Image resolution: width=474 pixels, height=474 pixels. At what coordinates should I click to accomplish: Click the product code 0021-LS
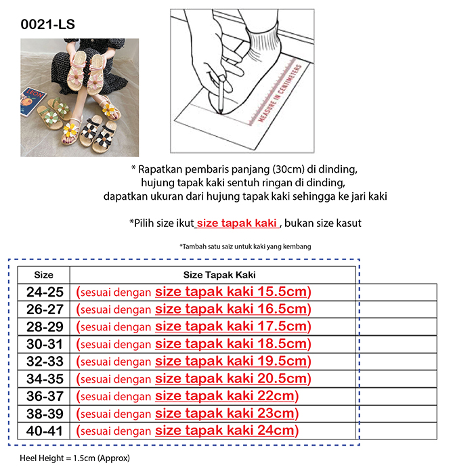click(x=47, y=25)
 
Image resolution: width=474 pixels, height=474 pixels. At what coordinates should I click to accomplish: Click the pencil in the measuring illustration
click(x=221, y=95)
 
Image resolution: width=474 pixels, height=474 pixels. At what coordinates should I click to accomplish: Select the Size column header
click(x=43, y=275)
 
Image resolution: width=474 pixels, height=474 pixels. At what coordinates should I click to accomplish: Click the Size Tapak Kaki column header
click(x=214, y=275)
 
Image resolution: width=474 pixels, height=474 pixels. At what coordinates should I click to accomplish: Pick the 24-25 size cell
click(x=44, y=292)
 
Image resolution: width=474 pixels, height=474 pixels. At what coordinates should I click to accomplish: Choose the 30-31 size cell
click(x=44, y=344)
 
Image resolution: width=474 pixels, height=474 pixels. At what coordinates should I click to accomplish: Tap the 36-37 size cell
click(x=44, y=396)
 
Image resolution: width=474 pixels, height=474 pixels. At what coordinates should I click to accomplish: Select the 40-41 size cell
click(x=44, y=431)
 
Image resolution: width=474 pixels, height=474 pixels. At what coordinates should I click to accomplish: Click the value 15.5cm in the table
click(x=282, y=292)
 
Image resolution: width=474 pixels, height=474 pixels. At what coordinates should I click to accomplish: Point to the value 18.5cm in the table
click(x=282, y=344)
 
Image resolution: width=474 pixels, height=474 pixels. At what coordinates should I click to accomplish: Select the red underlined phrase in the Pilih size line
click(x=236, y=223)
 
